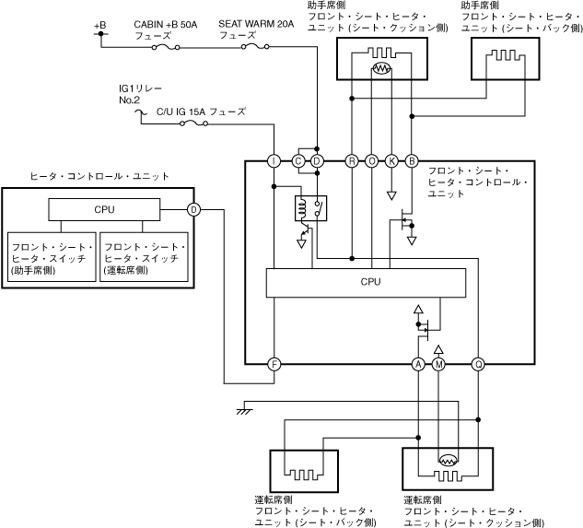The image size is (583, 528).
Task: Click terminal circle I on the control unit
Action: (274, 161)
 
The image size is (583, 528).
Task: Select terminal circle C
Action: (298, 161)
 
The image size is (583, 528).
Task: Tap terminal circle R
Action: (352, 161)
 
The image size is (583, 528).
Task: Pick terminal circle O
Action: (372, 161)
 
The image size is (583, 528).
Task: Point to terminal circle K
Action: (391, 161)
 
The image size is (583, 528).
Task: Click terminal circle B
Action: (412, 161)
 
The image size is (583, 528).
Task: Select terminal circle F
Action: (274, 364)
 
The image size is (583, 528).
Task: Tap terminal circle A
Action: (418, 364)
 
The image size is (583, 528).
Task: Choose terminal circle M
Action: (438, 364)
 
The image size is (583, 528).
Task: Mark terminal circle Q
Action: (479, 364)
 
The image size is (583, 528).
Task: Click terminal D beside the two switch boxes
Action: (193, 209)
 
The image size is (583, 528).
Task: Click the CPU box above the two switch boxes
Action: (104, 209)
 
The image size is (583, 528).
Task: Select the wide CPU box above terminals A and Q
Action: (371, 283)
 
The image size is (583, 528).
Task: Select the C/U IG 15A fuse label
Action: (201, 111)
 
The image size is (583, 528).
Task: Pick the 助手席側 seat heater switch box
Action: (51, 259)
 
